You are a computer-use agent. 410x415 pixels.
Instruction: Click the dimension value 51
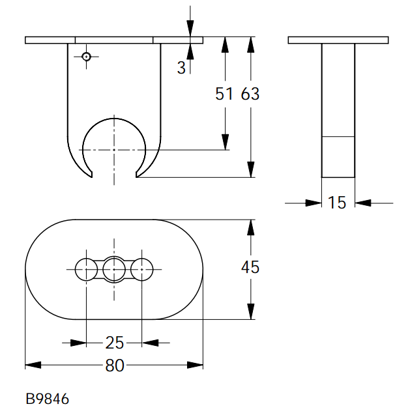pos(224,94)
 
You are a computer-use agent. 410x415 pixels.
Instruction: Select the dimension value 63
pos(250,94)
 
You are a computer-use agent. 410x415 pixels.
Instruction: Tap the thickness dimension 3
pos(181,68)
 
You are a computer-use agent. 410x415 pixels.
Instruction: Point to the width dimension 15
pos(337,203)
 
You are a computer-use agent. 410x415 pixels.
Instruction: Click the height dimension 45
pos(250,267)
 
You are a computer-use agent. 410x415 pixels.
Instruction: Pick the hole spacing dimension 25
pos(115,343)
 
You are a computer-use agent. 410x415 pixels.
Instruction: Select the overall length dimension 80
pos(115,365)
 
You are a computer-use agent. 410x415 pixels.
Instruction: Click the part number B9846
pos(48,399)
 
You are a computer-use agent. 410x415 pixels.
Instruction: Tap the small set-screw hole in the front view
pos(86,57)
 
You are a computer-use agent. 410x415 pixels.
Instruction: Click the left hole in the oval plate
pos(86,270)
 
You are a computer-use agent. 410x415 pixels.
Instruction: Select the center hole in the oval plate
pos(114,270)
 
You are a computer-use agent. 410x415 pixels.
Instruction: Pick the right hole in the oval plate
pos(142,270)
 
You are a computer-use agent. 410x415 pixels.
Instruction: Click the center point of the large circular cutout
pos(114,150)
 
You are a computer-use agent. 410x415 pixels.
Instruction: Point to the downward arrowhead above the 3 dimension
pos(190,28)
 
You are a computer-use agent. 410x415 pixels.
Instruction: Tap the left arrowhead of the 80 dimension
pos(33,365)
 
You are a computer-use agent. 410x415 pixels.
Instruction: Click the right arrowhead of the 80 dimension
pos(195,365)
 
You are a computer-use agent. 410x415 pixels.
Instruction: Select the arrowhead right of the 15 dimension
pos(363,203)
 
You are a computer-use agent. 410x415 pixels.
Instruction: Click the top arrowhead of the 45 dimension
pos(250,227)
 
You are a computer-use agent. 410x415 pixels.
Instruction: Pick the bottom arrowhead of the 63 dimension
pos(250,169)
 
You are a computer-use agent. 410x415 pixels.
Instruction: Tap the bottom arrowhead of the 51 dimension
pos(225,142)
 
